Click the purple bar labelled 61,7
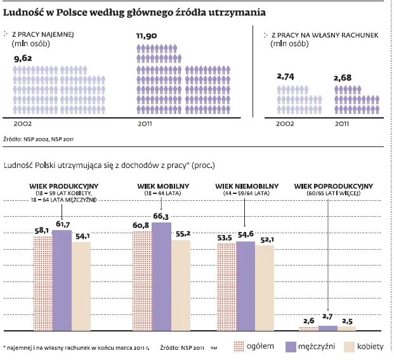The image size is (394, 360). pyautogui.click(x=62, y=280)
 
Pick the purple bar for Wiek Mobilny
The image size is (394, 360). pyautogui.click(x=161, y=276)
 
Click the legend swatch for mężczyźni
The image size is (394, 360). pyautogui.click(x=292, y=347)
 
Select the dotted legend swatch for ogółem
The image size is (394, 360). pyautogui.click(x=239, y=347)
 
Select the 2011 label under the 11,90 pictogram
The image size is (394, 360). pyautogui.click(x=145, y=124)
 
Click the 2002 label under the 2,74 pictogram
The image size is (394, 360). pyautogui.click(x=284, y=124)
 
